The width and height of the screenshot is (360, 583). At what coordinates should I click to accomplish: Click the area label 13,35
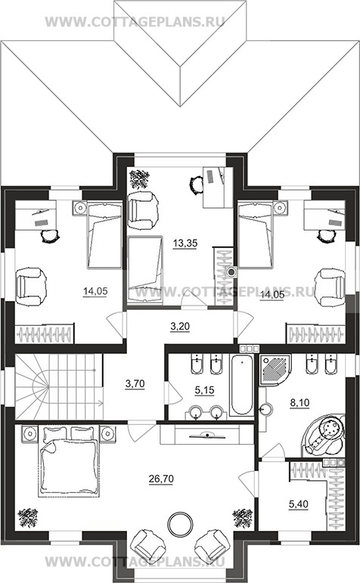(185, 243)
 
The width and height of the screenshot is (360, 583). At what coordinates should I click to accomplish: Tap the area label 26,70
(161, 479)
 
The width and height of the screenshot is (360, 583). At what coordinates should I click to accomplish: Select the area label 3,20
(180, 327)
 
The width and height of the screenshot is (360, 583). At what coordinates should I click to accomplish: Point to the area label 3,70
(135, 383)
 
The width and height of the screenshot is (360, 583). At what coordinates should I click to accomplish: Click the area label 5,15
(204, 390)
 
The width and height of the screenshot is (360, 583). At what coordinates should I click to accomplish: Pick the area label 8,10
(299, 402)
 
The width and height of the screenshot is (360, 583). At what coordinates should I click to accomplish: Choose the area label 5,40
(298, 504)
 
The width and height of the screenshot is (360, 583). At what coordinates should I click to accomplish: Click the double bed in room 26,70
(69, 461)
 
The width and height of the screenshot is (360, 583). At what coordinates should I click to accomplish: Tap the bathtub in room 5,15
(242, 385)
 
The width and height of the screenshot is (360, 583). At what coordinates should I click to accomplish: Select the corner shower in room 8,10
(275, 367)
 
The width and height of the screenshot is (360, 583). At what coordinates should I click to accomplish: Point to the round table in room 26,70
(180, 524)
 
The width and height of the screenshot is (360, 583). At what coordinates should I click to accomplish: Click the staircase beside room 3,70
(58, 386)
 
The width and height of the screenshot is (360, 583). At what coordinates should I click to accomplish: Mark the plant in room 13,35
(138, 179)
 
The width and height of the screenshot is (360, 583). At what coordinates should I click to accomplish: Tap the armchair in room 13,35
(143, 211)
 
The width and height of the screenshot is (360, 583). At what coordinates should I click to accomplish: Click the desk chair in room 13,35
(196, 185)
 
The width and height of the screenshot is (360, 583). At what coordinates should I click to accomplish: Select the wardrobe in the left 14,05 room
(45, 333)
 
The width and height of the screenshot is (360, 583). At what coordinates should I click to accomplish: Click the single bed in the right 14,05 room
(256, 234)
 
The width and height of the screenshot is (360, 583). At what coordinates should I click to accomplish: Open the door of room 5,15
(172, 393)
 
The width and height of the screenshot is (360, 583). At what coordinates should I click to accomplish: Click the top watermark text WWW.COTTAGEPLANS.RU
(135, 22)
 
